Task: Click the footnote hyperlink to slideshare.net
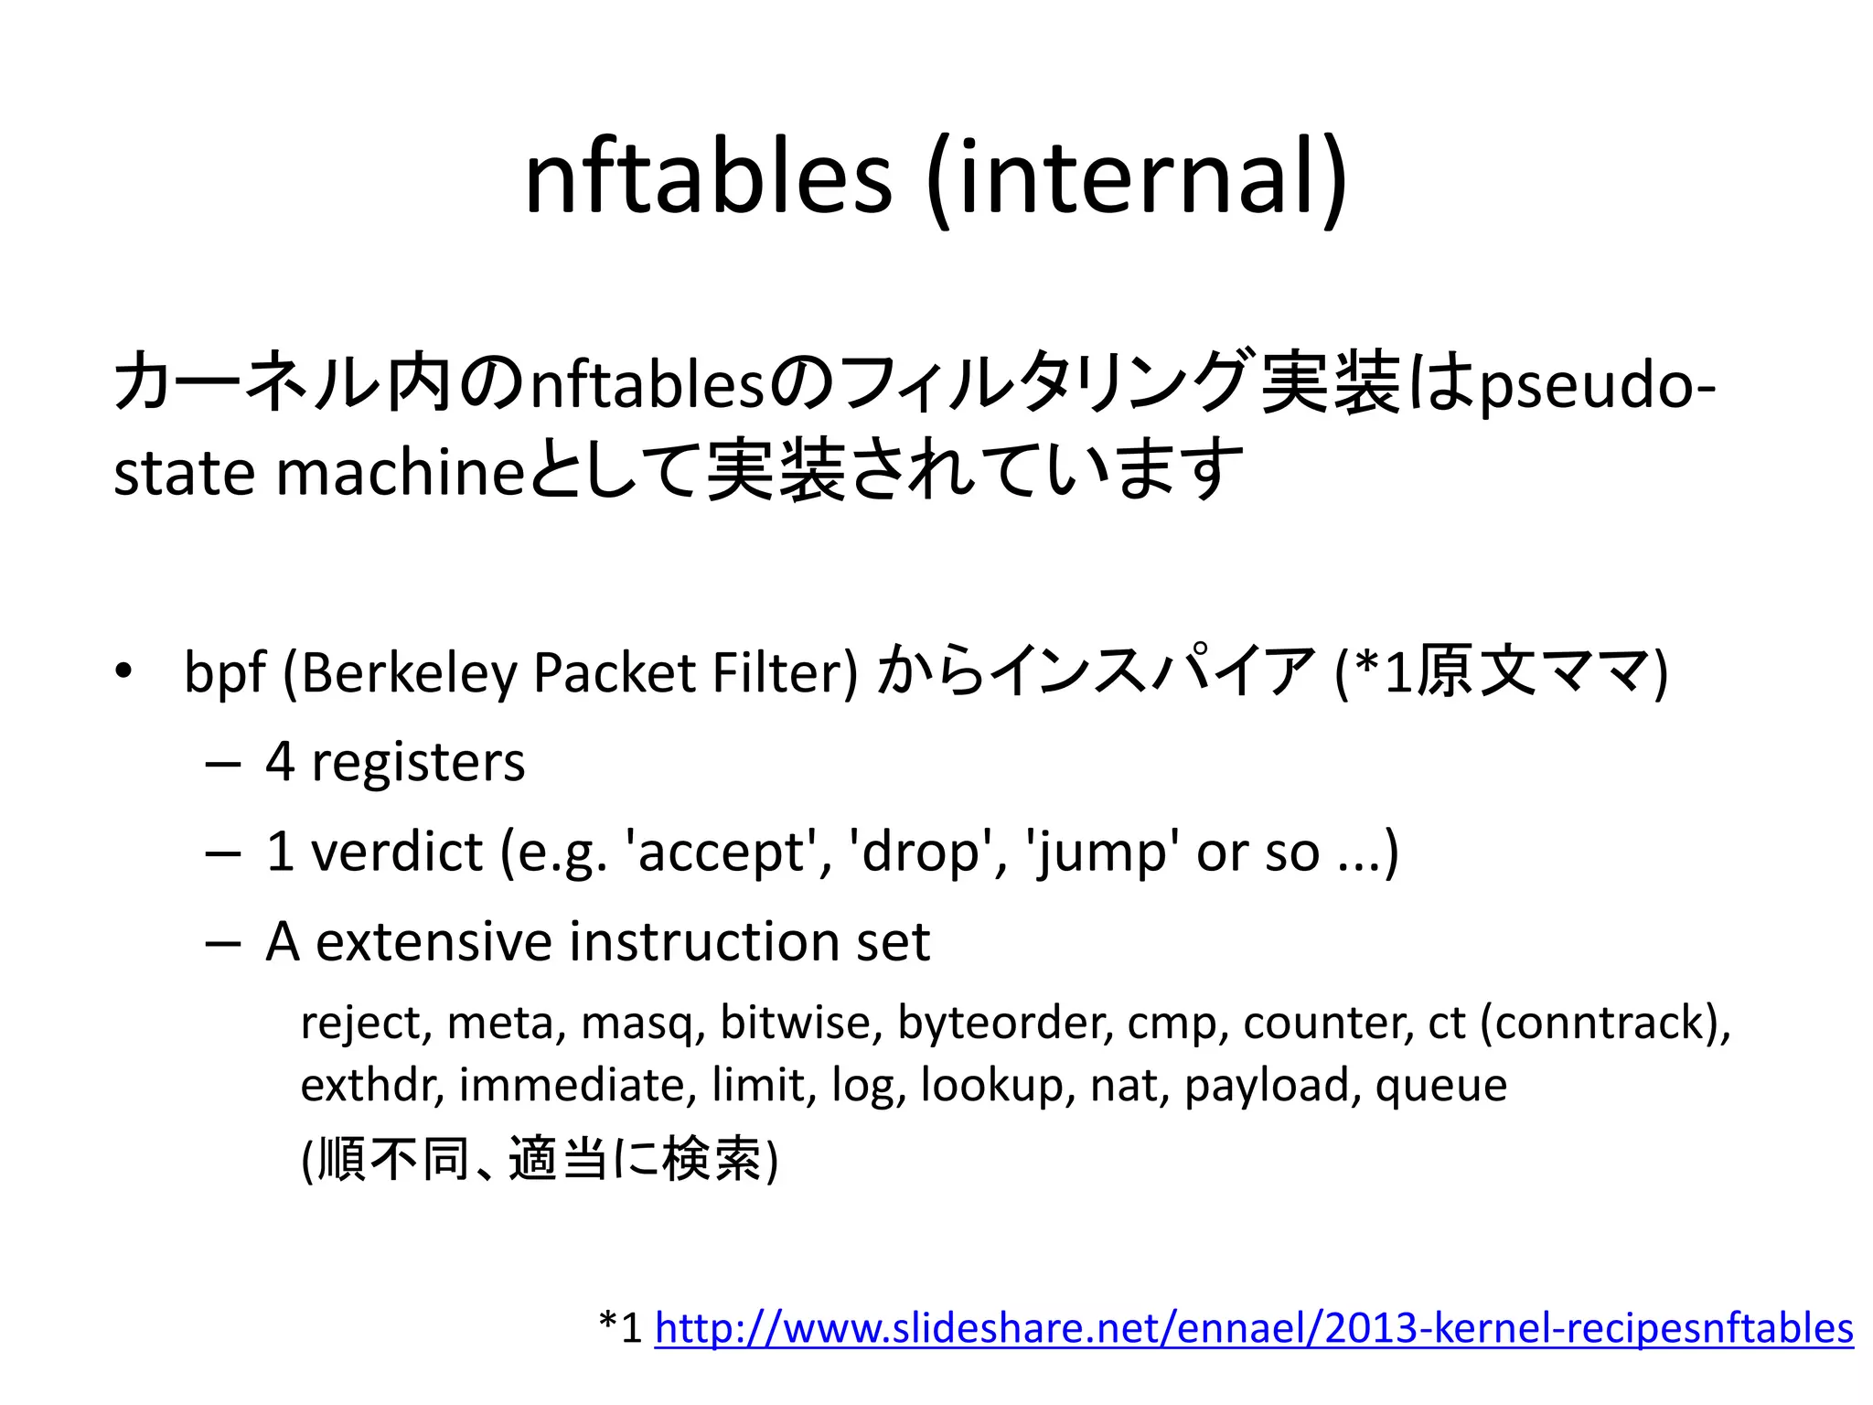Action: [x=1254, y=1327]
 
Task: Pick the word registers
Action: [x=418, y=762]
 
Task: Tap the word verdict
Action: [x=397, y=852]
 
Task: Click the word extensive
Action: [x=434, y=941]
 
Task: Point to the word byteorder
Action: [x=1005, y=1023]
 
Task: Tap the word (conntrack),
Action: [x=1606, y=1023]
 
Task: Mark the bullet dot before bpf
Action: [x=123, y=672]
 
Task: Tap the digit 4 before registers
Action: [x=280, y=762]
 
